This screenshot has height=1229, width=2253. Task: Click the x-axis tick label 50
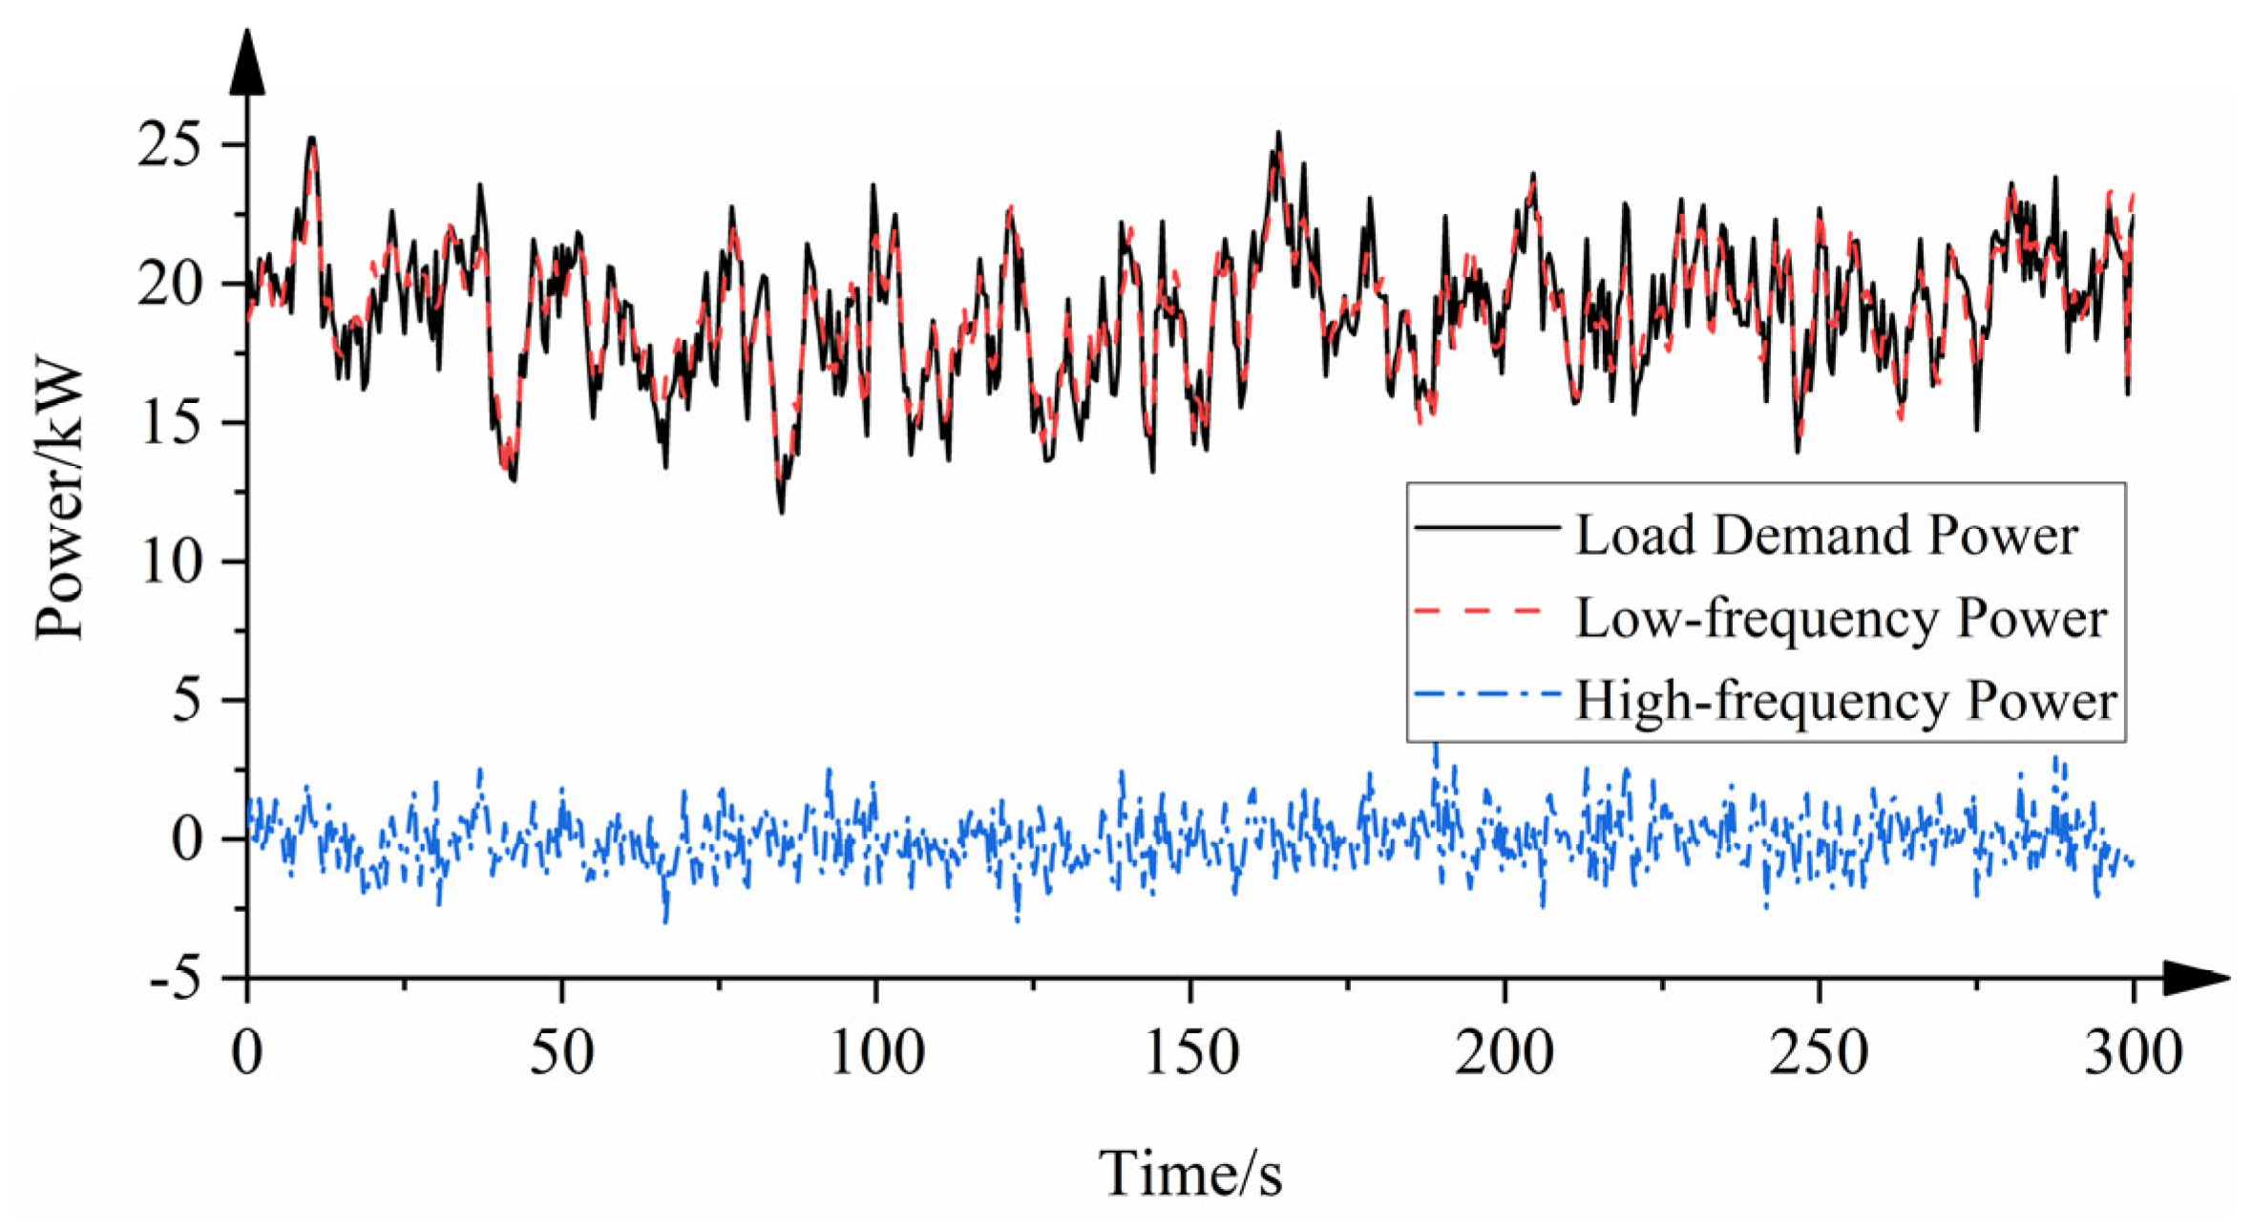click(561, 1053)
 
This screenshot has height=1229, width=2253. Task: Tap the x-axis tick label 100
click(876, 1053)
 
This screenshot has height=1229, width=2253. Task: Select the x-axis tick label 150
click(1190, 1053)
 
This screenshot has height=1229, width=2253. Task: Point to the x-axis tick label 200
click(1505, 1053)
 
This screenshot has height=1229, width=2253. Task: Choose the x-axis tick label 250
click(1819, 1053)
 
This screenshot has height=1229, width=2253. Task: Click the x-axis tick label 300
click(2133, 1053)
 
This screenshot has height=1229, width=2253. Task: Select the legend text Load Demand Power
click(1825, 535)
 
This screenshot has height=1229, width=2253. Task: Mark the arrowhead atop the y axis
click(247, 62)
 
